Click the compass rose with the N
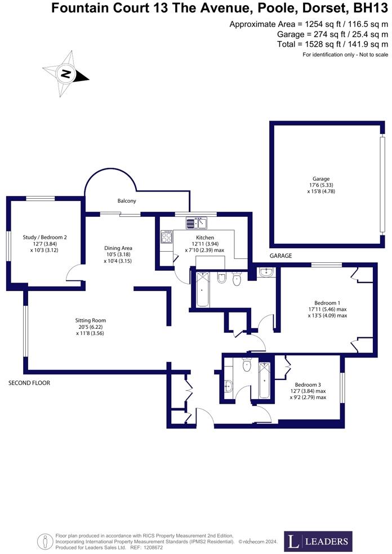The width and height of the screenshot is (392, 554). [x=66, y=73]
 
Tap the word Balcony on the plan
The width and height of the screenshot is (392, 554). [x=127, y=200]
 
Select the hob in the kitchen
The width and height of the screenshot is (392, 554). [x=167, y=238]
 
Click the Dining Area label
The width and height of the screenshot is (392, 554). [x=118, y=248]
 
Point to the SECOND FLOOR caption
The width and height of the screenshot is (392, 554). [x=29, y=383]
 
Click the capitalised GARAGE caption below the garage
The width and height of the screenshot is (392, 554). [x=280, y=256]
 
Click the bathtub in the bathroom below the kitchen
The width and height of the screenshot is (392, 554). [x=202, y=289]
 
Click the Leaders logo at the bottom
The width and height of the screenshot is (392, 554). [x=318, y=541]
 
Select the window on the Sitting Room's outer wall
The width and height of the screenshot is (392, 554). [x=24, y=331]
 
